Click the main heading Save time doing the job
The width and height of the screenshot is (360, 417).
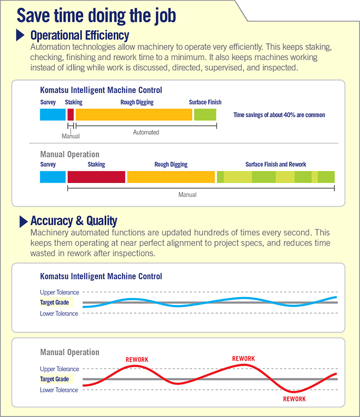[x=98, y=15]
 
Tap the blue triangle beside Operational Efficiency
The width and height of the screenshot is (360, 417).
[x=21, y=35]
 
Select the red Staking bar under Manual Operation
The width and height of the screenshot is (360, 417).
[x=96, y=177]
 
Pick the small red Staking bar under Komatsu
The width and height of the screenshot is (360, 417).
[x=70, y=115]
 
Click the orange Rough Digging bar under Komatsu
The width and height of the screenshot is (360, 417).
[x=134, y=115]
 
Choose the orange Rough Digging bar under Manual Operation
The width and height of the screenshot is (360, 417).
[x=171, y=177]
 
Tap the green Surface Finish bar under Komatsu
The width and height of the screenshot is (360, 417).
[x=205, y=115]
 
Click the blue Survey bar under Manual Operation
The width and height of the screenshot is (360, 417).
[x=53, y=177]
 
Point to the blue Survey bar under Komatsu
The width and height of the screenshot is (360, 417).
[x=53, y=115]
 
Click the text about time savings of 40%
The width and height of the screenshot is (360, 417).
[x=279, y=115]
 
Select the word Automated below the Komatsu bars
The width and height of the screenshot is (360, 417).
[x=146, y=132]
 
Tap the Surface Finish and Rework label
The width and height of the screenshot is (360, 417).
[x=276, y=165]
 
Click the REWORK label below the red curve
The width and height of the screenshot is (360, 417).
[x=294, y=399]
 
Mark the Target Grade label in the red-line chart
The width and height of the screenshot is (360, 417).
[x=55, y=379]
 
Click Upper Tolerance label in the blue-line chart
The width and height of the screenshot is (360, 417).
[x=59, y=292]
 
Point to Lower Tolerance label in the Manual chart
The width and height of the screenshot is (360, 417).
[x=59, y=390]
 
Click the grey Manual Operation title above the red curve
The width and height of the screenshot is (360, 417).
[x=69, y=352]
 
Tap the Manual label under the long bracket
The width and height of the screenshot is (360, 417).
[x=187, y=195]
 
